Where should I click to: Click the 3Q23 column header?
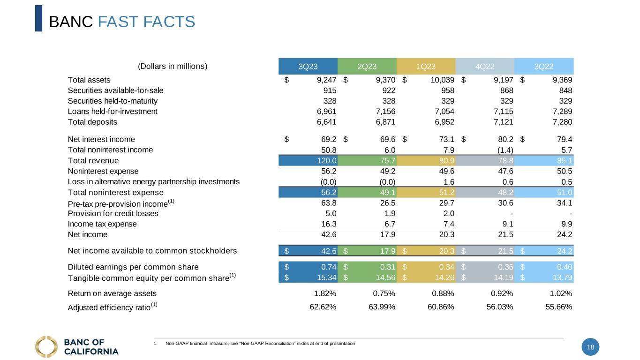pyautogui.click(x=308, y=67)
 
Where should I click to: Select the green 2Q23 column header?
pyautogui.click(x=367, y=67)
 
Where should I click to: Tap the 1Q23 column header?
pyautogui.click(x=426, y=67)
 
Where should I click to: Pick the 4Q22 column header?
pyautogui.click(x=485, y=67)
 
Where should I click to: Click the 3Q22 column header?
pyautogui.click(x=544, y=67)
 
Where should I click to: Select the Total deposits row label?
pyautogui.click(x=92, y=122)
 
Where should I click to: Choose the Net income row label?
pyautogui.click(x=88, y=234)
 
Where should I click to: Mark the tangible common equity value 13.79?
pyautogui.click(x=562, y=277)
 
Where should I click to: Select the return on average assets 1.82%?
pyautogui.click(x=323, y=294)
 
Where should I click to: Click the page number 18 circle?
pyautogui.click(x=590, y=347)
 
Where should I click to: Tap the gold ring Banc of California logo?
pyautogui.click(x=46, y=347)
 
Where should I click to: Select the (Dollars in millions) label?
pyautogui.click(x=173, y=66)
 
